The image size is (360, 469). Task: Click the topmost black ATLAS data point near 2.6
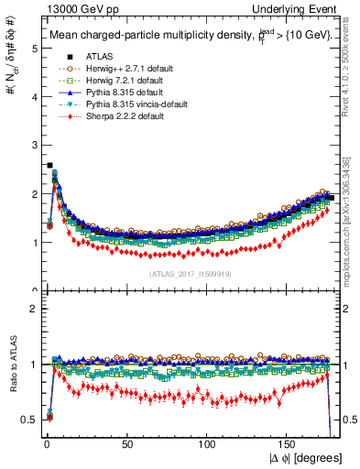49,166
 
